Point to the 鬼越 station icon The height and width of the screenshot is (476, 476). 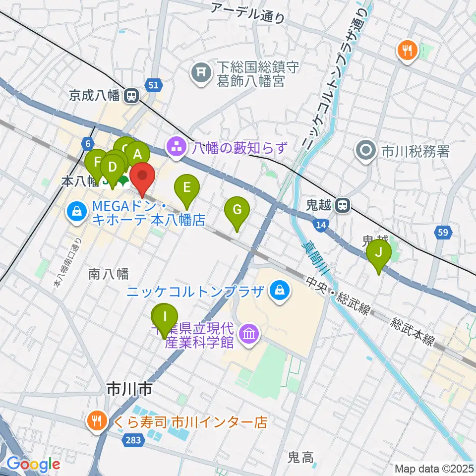tap(342, 205)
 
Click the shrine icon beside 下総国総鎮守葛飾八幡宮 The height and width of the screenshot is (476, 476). tap(200, 72)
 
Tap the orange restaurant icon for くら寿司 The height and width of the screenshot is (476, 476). tap(96, 422)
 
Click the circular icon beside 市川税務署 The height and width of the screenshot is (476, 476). tap(367, 150)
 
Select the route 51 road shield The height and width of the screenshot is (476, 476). tap(154, 85)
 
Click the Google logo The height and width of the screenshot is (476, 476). tap(33, 465)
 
